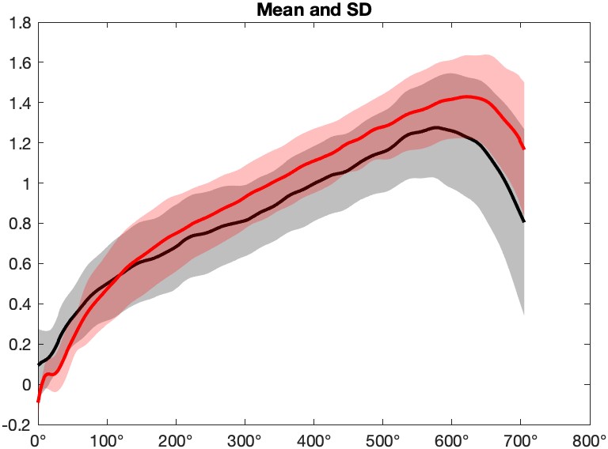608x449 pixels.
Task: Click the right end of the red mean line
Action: [524, 149]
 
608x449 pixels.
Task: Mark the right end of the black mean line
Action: [524, 221]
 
